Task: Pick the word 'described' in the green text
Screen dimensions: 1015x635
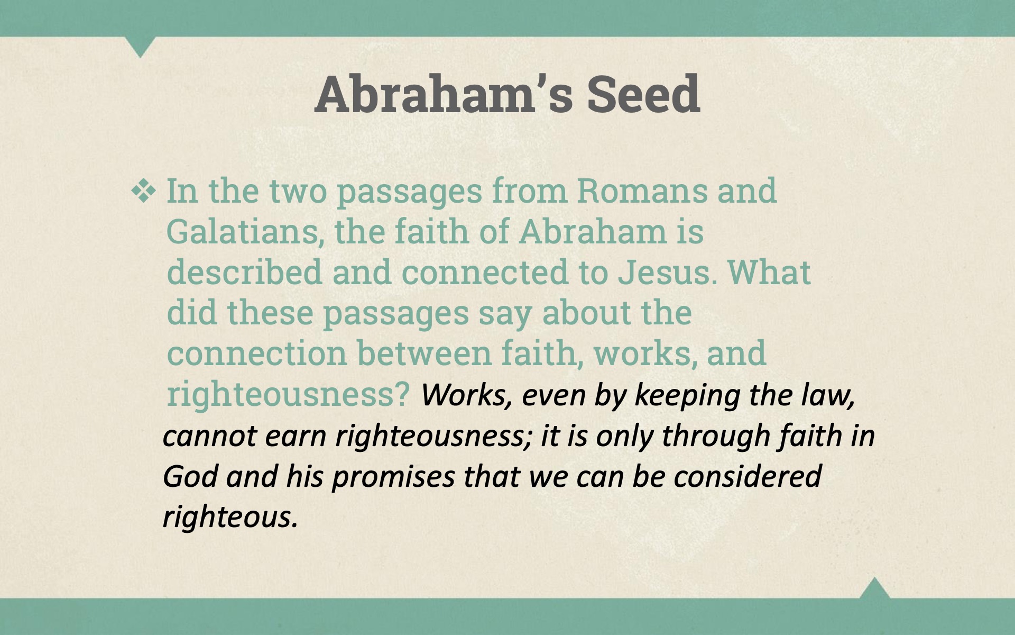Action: pos(244,272)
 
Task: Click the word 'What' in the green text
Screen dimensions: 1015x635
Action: pos(769,272)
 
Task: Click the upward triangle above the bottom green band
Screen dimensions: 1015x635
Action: pos(874,588)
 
